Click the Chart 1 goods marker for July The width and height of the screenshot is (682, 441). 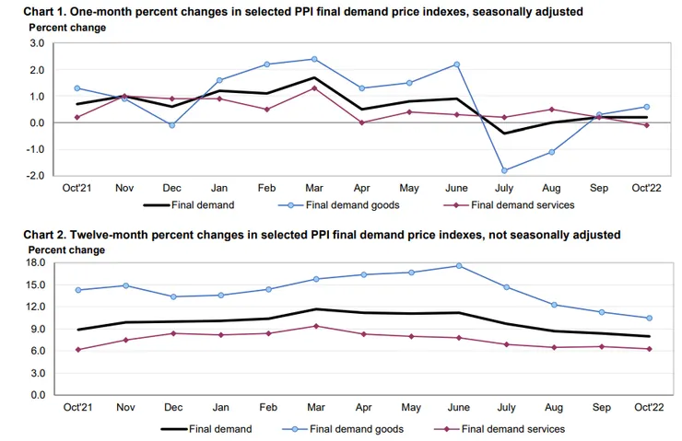pos(504,170)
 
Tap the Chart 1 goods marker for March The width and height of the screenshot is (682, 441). pos(315,59)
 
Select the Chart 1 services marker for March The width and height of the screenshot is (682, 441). pos(315,88)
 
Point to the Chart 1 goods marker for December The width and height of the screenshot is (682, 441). pos(172,125)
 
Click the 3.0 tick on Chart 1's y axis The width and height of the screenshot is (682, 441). pos(37,43)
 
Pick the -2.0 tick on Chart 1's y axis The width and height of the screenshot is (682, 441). pos(36,175)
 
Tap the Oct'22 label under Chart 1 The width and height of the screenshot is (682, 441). pos(645,188)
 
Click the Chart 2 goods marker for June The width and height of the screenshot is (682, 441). pos(457,266)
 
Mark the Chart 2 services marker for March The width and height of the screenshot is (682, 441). pos(315,326)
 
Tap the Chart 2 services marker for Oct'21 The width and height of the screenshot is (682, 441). pos(78,350)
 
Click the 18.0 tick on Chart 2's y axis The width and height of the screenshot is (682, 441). pos(34,262)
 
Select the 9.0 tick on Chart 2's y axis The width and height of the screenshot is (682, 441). pos(37,329)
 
